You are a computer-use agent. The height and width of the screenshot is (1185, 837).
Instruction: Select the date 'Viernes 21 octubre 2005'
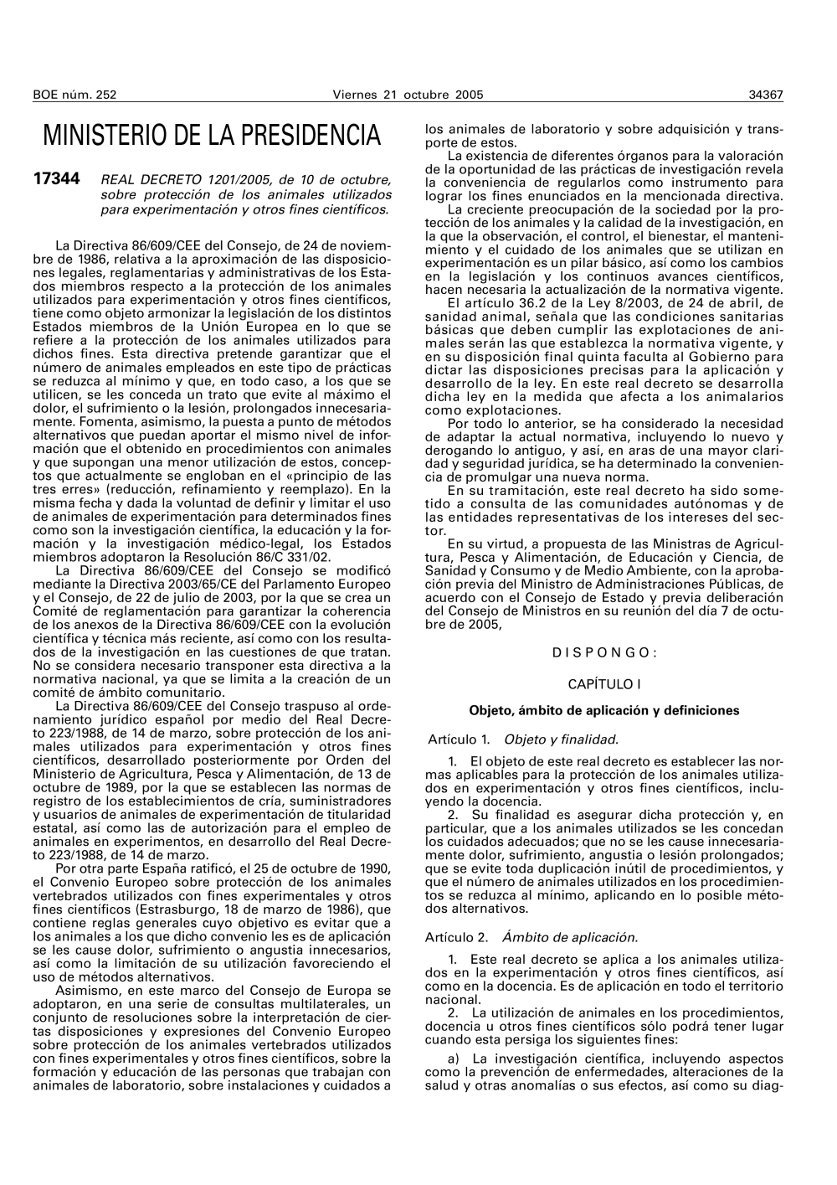pyautogui.click(x=408, y=95)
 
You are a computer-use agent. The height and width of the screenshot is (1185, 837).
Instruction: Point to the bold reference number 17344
pyautogui.click(x=56, y=179)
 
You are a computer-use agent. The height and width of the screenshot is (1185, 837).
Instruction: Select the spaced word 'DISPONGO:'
pyautogui.click(x=604, y=653)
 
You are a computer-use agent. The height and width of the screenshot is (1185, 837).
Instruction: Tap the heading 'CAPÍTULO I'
pyautogui.click(x=604, y=684)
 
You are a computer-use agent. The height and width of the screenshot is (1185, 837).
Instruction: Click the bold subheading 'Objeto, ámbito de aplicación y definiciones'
pyautogui.click(x=604, y=711)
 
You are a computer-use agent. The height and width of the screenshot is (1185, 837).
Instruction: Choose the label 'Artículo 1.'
pyautogui.click(x=459, y=739)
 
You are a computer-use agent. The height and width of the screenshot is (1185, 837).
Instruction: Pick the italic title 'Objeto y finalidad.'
pyautogui.click(x=561, y=739)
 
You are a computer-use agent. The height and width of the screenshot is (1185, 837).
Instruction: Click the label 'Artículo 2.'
pyautogui.click(x=457, y=938)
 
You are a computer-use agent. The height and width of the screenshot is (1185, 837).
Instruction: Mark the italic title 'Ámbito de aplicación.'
pyautogui.click(x=569, y=938)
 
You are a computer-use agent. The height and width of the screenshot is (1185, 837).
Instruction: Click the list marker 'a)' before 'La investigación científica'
pyautogui.click(x=453, y=1059)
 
